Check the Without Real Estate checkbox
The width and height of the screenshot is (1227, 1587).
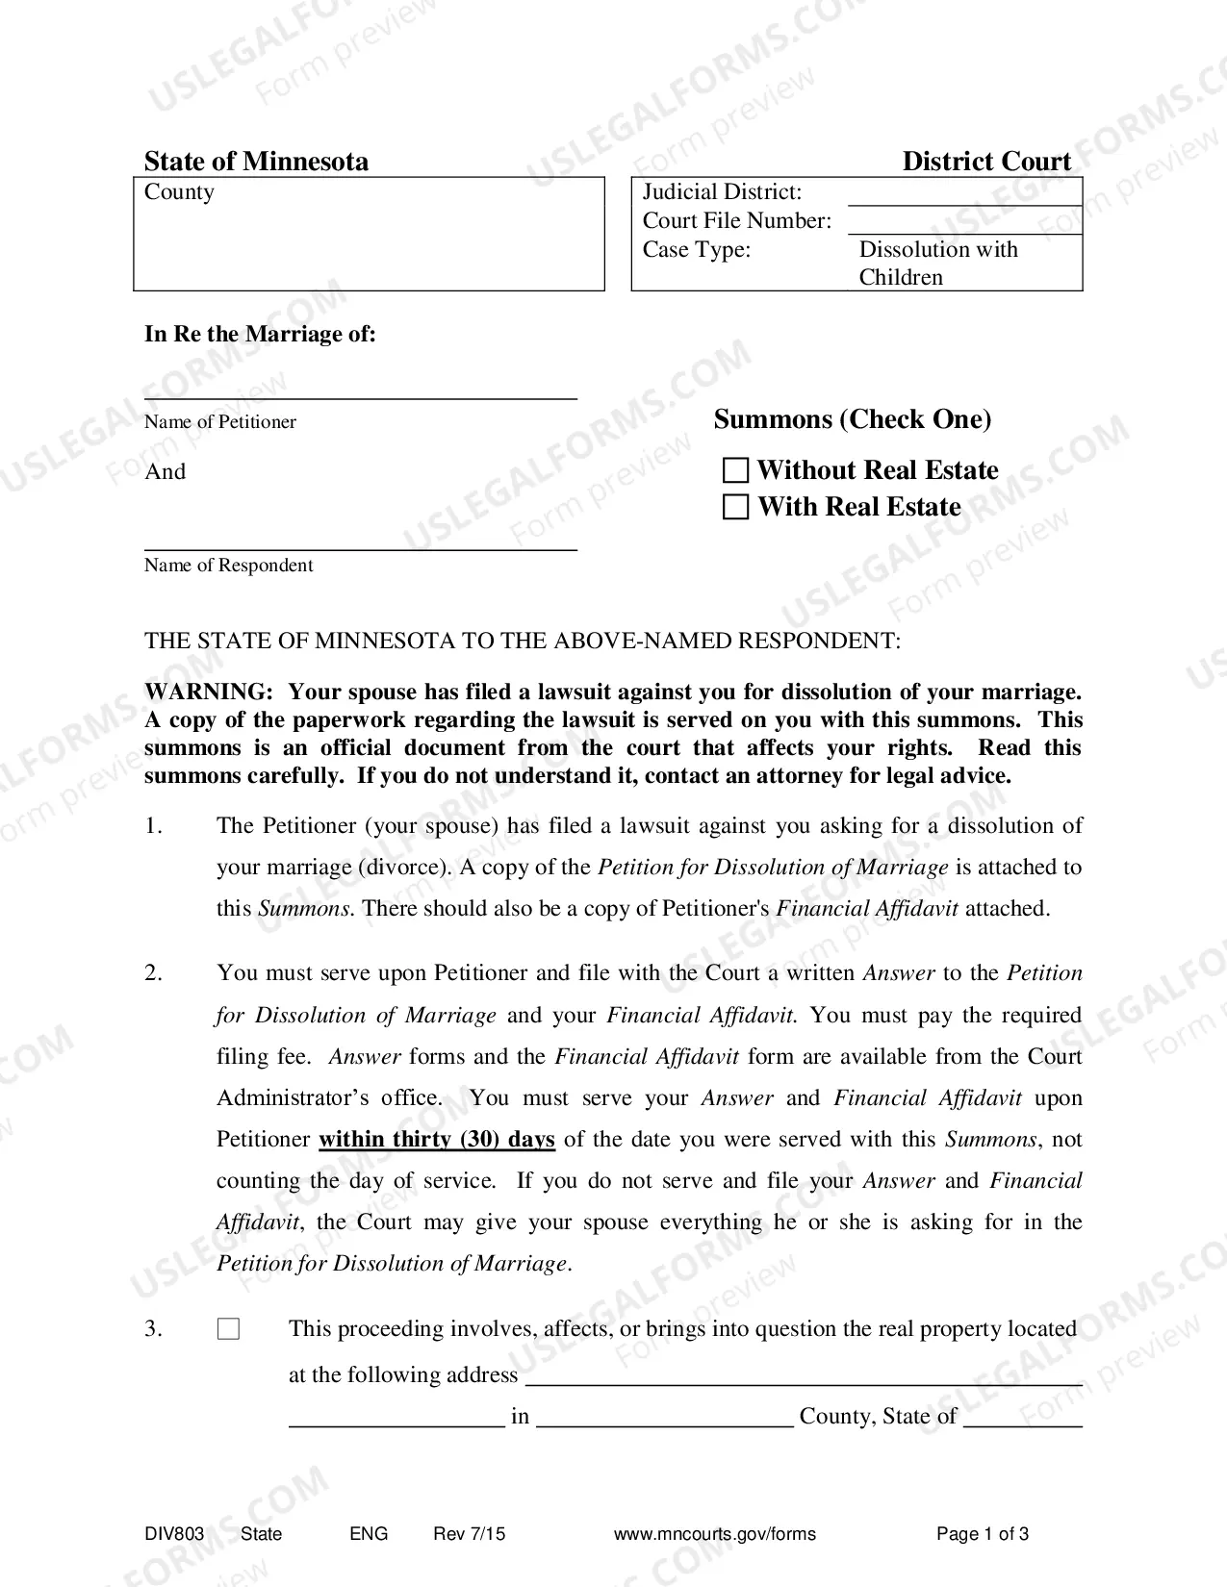click(735, 470)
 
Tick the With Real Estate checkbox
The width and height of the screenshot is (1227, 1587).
click(735, 507)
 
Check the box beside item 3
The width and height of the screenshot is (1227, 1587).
click(228, 1329)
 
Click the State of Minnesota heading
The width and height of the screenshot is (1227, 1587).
click(256, 161)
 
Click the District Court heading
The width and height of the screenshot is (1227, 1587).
click(985, 161)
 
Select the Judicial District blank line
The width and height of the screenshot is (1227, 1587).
click(964, 194)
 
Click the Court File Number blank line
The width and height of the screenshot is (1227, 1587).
click(964, 223)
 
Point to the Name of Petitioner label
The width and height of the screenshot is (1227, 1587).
click(220, 422)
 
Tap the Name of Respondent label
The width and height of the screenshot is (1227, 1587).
click(229, 566)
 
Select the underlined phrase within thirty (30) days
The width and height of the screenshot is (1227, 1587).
click(437, 1140)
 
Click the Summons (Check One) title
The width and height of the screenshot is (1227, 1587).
click(852, 419)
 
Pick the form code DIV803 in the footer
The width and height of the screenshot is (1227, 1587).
click(174, 1534)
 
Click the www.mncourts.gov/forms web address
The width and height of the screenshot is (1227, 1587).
click(714, 1534)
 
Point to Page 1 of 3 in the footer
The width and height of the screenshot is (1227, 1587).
click(982, 1534)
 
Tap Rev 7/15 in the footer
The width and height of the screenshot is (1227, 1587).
click(469, 1534)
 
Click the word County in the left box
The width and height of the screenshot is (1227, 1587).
click(179, 192)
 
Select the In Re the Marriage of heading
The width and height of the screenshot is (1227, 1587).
click(260, 335)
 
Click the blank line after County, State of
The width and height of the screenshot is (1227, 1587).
click(1022, 1418)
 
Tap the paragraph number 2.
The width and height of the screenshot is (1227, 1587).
click(154, 973)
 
